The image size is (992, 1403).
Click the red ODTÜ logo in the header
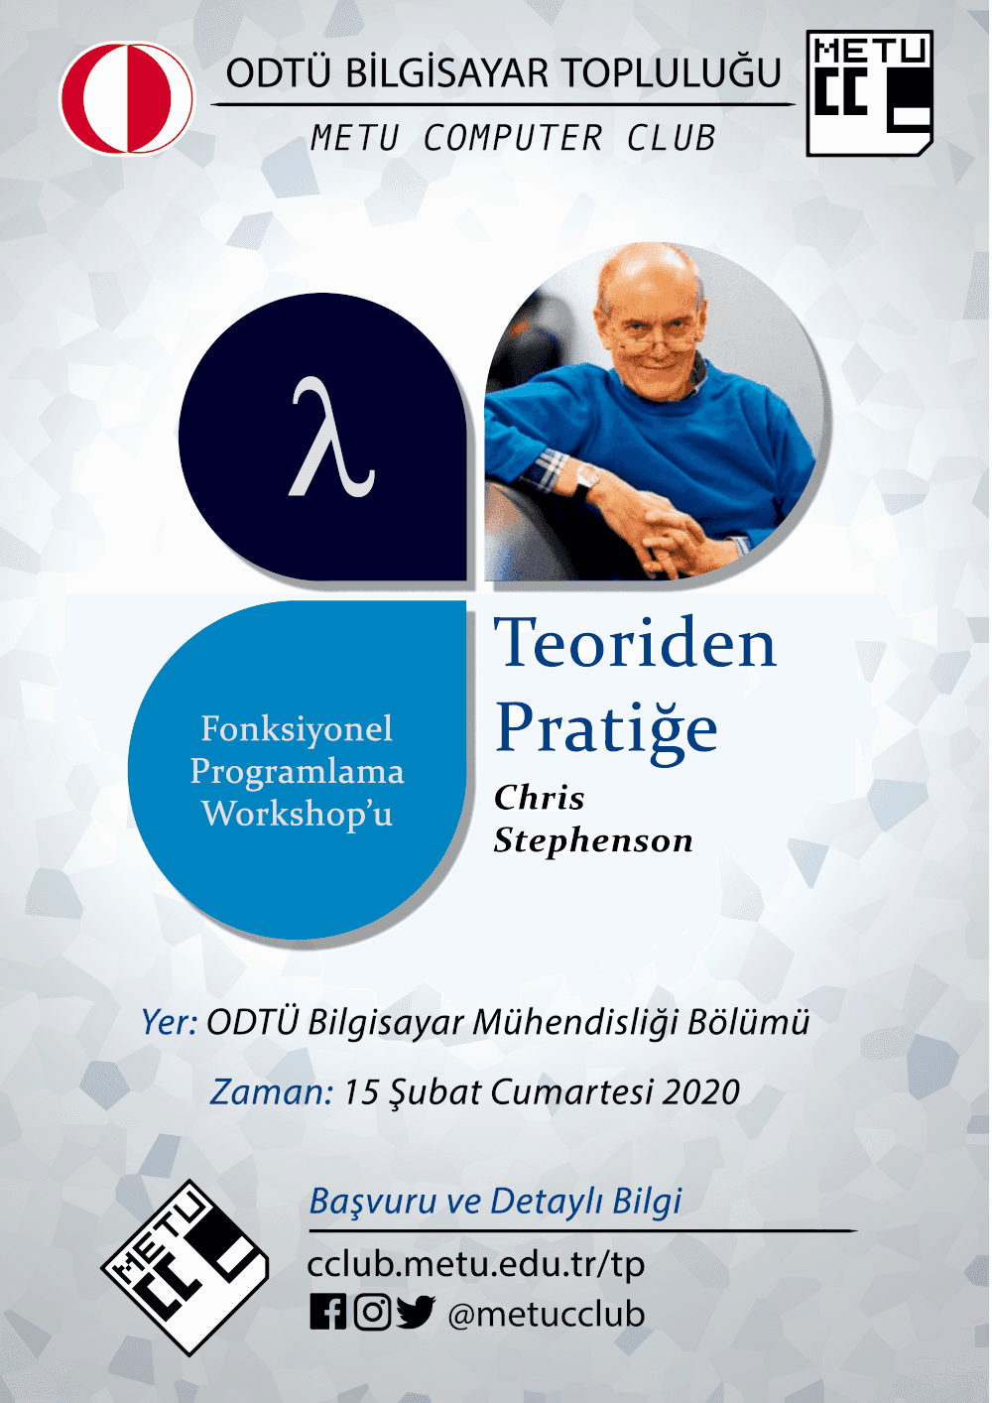coord(127,98)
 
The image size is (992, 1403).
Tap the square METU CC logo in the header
coord(869,92)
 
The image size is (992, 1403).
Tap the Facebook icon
coord(327,1312)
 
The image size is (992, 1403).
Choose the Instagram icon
coord(373,1312)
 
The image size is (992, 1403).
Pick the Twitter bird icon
coord(416,1312)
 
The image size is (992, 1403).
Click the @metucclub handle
coord(547,1314)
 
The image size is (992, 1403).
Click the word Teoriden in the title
coord(635,643)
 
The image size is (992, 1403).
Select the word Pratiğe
coord(606,730)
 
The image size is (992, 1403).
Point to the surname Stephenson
coord(593,840)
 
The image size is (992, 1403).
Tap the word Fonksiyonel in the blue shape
coord(297,729)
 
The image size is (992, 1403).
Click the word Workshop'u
coord(298,814)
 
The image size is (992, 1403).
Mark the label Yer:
coord(169,1023)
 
